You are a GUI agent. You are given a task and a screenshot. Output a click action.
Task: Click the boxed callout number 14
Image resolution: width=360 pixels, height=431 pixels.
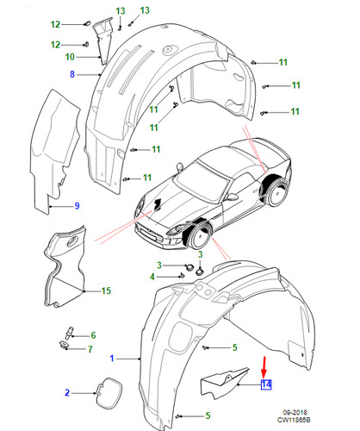[266, 384]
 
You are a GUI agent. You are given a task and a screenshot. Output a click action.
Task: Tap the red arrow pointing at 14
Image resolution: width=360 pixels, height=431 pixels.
[264, 367]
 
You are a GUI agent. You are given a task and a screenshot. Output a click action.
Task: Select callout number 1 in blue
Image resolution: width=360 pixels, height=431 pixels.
[112, 359]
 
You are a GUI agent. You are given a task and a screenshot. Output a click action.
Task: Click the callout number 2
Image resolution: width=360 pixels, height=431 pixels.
[67, 392]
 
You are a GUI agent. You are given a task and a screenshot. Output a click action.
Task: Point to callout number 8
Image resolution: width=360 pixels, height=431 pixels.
[72, 74]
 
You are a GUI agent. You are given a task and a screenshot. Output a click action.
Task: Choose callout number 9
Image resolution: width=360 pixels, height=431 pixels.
[77, 206]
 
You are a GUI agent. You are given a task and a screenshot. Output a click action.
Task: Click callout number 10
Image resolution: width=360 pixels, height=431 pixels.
[70, 57]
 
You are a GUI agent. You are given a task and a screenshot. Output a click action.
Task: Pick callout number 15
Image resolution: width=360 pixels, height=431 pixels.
[106, 290]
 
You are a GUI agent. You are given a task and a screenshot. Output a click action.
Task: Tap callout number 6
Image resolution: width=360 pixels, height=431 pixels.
[93, 335]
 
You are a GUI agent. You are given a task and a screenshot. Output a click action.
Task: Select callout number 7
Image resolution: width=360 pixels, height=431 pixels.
[90, 349]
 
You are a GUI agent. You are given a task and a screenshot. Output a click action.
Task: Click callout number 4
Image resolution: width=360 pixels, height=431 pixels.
[152, 277]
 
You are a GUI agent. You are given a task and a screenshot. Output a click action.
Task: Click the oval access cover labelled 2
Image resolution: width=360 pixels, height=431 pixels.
[109, 393]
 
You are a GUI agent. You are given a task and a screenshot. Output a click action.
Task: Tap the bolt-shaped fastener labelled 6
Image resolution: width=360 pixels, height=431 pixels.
[70, 334]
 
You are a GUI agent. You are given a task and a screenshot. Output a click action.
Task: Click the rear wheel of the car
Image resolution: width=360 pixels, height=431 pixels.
[277, 192]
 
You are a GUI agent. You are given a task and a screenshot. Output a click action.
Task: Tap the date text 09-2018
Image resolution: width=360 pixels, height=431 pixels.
[295, 413]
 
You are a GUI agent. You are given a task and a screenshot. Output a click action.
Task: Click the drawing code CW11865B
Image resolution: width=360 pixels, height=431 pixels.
[294, 420]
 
